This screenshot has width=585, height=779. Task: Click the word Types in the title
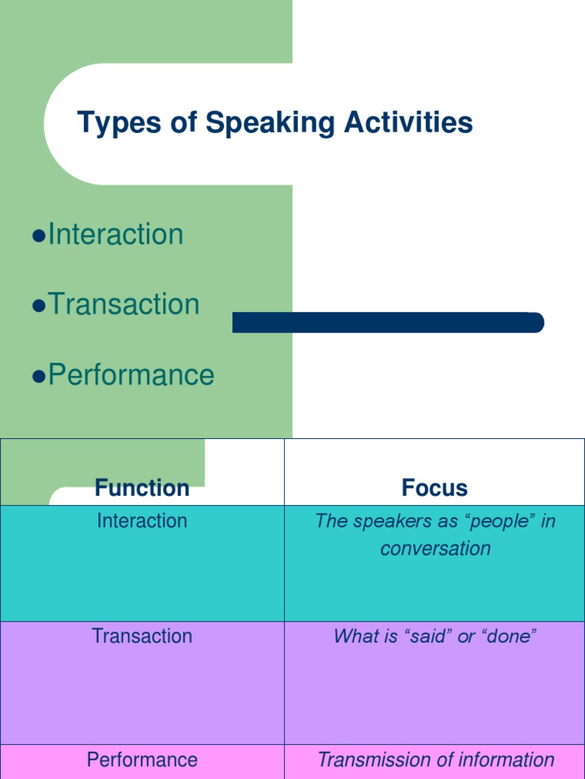[119, 123]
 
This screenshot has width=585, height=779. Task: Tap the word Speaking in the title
[270, 123]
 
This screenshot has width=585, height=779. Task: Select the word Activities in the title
[408, 123]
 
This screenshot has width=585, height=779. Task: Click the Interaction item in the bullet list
[116, 234]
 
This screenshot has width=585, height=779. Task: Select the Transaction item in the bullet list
[123, 304]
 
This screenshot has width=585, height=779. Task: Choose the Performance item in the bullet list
[131, 375]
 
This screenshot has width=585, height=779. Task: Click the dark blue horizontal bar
[388, 323]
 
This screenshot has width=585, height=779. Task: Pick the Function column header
[142, 488]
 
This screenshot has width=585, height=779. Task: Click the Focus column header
[435, 488]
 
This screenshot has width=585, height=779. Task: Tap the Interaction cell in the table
[142, 521]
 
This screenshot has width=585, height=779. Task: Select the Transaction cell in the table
[142, 636]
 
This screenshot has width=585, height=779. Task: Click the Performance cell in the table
[142, 759]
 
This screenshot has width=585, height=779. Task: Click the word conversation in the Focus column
[435, 548]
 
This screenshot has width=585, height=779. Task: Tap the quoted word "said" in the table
[427, 636]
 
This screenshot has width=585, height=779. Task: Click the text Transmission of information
[435, 759]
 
